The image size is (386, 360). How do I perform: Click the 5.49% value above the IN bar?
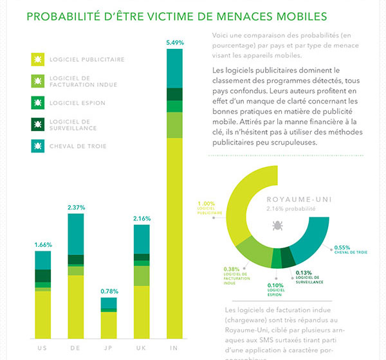click(x=174, y=42)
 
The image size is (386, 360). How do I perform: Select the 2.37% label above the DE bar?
click(x=76, y=208)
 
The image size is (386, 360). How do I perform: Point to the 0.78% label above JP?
click(x=109, y=292)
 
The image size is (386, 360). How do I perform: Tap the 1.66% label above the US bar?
click(x=42, y=245)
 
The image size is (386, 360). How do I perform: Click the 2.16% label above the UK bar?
click(x=142, y=219)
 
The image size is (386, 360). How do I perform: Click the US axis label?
click(x=43, y=348)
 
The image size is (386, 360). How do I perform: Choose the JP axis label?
click(x=109, y=348)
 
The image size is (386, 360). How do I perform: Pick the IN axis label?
click(x=174, y=348)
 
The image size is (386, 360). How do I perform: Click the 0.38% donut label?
click(x=232, y=269)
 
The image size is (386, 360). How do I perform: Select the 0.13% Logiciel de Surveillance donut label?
click(x=304, y=273)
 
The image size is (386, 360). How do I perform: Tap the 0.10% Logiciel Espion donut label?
click(x=276, y=285)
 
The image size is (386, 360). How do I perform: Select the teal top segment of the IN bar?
click(x=174, y=68)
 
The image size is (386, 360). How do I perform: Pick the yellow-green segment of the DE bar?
click(x=76, y=306)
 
